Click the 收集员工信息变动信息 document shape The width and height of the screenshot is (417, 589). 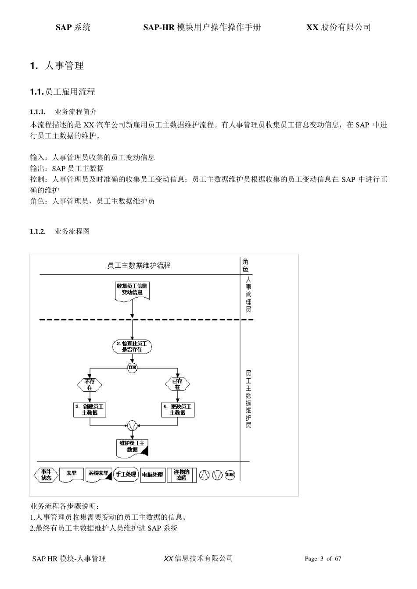(132, 290)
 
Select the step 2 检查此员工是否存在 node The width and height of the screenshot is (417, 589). (132, 347)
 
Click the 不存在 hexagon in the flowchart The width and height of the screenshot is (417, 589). (90, 384)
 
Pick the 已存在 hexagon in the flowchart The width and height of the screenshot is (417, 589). (177, 384)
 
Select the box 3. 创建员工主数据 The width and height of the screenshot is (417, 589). (90, 410)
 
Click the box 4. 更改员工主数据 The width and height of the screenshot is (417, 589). (177, 410)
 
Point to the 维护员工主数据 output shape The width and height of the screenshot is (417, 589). (132, 447)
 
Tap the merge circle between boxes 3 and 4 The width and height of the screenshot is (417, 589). (132, 425)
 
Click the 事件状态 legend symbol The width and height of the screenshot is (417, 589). (46, 475)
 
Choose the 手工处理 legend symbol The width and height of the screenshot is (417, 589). (126, 475)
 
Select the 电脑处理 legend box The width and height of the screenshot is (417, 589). (152, 475)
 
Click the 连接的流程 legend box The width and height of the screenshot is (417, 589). (181, 475)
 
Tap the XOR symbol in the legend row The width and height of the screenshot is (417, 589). (230, 475)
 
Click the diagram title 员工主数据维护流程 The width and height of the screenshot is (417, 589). (139, 266)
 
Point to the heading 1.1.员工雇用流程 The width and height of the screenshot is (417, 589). (62, 92)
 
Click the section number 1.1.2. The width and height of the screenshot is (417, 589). (38, 231)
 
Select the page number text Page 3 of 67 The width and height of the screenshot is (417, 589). (323, 559)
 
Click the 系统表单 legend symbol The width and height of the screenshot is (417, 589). (98, 475)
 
